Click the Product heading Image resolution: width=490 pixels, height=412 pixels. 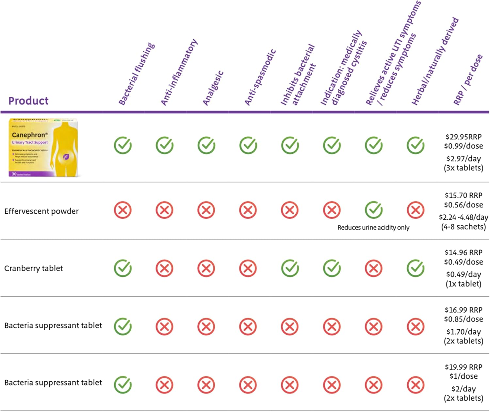coord(28,101)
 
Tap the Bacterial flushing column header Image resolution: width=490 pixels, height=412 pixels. coord(137,74)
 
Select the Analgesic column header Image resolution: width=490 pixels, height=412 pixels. coord(213,88)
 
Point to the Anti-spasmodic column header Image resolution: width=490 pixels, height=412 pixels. coord(260,77)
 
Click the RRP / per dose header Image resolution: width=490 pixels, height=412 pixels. coord(468,80)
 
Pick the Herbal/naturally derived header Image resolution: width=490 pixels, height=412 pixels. coord(435,61)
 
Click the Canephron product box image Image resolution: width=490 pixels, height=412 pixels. coord(43,147)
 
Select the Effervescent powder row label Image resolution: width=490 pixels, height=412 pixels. coord(41,211)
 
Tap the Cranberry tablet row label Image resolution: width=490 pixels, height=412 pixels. coord(33,268)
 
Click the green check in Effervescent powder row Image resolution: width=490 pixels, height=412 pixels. coord(374,210)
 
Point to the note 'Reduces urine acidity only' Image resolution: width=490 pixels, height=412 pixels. coord(373,227)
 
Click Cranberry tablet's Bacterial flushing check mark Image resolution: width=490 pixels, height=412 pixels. coord(123,268)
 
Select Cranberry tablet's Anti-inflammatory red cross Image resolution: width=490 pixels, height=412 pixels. coord(164,269)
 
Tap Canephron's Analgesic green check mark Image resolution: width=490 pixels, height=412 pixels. coord(206,145)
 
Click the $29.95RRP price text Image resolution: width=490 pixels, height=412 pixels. coord(463,137)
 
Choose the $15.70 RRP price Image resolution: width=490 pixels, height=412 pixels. coord(463,195)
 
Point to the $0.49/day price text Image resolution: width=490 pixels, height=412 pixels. coord(463,274)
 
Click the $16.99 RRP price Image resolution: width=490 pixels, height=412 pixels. coord(463,310)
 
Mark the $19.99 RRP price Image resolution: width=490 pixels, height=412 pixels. coord(463,367)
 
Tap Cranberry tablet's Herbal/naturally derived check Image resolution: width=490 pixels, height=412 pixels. coord(416,268)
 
